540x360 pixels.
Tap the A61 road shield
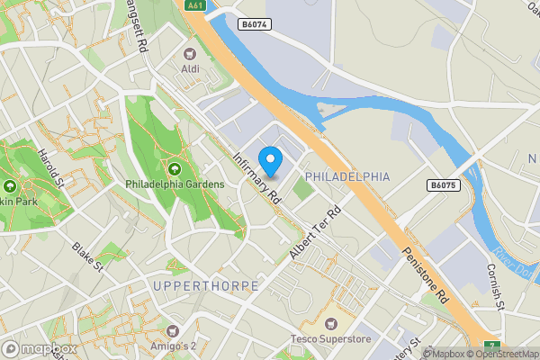pos(194,5)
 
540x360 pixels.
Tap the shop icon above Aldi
pos(191,53)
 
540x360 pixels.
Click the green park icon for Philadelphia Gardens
pos(173,167)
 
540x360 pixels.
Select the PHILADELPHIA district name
pos(347,176)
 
